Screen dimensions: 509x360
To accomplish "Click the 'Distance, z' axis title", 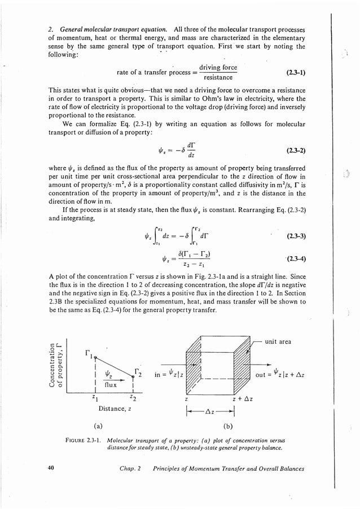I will [x=115, y=409].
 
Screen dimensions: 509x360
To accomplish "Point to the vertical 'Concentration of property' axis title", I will [x=58, y=366].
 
